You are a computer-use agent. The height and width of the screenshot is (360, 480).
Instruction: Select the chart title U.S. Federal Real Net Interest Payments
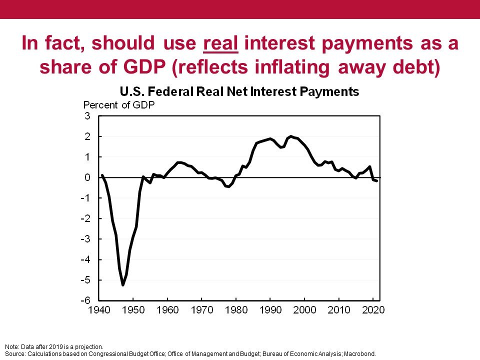[x=239, y=92]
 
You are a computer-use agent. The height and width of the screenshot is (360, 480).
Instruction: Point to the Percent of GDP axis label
[x=119, y=105]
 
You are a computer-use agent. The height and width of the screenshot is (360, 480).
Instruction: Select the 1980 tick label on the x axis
[x=236, y=310]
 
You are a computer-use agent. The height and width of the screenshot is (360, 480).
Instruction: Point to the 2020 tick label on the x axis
[x=373, y=310]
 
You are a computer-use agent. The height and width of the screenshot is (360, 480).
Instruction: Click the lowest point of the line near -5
[x=123, y=285]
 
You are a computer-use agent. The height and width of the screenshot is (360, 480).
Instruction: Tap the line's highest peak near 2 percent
[x=291, y=136]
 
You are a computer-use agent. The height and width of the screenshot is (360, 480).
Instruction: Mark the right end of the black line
[x=376, y=180]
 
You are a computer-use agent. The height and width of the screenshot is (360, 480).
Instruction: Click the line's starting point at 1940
[x=102, y=175]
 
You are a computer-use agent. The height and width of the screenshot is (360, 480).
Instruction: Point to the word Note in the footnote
[x=10, y=346]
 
